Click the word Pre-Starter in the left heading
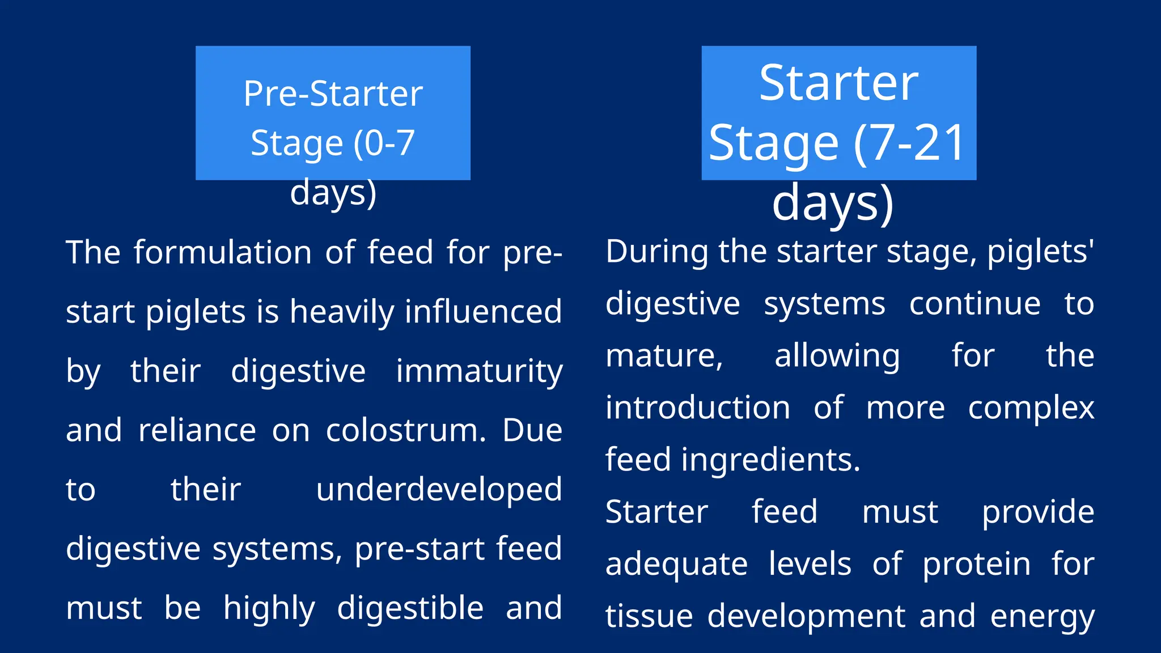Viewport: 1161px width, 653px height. [x=333, y=94]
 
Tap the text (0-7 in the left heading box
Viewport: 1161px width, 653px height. [x=384, y=143]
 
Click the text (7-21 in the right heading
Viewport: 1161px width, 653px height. [x=909, y=143]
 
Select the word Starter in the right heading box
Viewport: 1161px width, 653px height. [x=838, y=83]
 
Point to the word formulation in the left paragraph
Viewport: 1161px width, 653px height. [x=222, y=252]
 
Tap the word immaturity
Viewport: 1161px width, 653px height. [x=479, y=371]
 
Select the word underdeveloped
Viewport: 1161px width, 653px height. [x=439, y=490]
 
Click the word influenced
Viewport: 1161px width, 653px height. [x=483, y=312]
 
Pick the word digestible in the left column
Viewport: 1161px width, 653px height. [x=410, y=608]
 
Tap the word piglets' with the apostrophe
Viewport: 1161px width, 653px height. [x=1040, y=251]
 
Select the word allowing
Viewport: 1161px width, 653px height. [x=837, y=356]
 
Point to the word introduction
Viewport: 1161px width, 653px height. [x=697, y=408]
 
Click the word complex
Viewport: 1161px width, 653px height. [x=1031, y=408]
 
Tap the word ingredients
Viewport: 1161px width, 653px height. [x=770, y=460]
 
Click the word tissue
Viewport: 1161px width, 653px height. [x=649, y=616]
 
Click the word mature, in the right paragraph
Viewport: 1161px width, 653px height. [x=664, y=356]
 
